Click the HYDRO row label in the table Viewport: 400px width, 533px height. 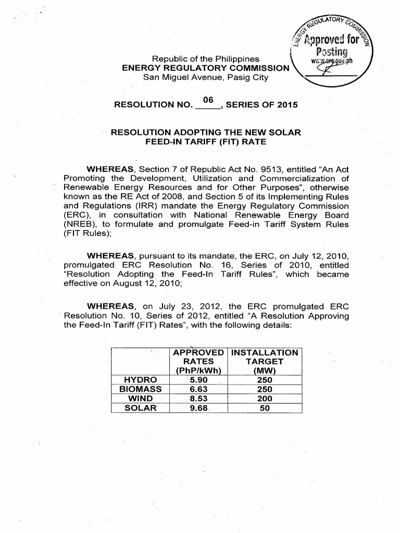point(141,380)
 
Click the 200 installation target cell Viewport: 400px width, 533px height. point(265,399)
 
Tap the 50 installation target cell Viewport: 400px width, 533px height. point(265,408)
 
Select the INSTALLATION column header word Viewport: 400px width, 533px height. point(265,352)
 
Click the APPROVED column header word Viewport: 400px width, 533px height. point(198,352)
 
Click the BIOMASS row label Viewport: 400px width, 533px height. point(141,389)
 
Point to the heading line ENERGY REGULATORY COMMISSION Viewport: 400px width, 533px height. point(205,68)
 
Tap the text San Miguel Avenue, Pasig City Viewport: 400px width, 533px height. point(206,78)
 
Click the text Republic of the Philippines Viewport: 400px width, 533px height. point(208,59)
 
